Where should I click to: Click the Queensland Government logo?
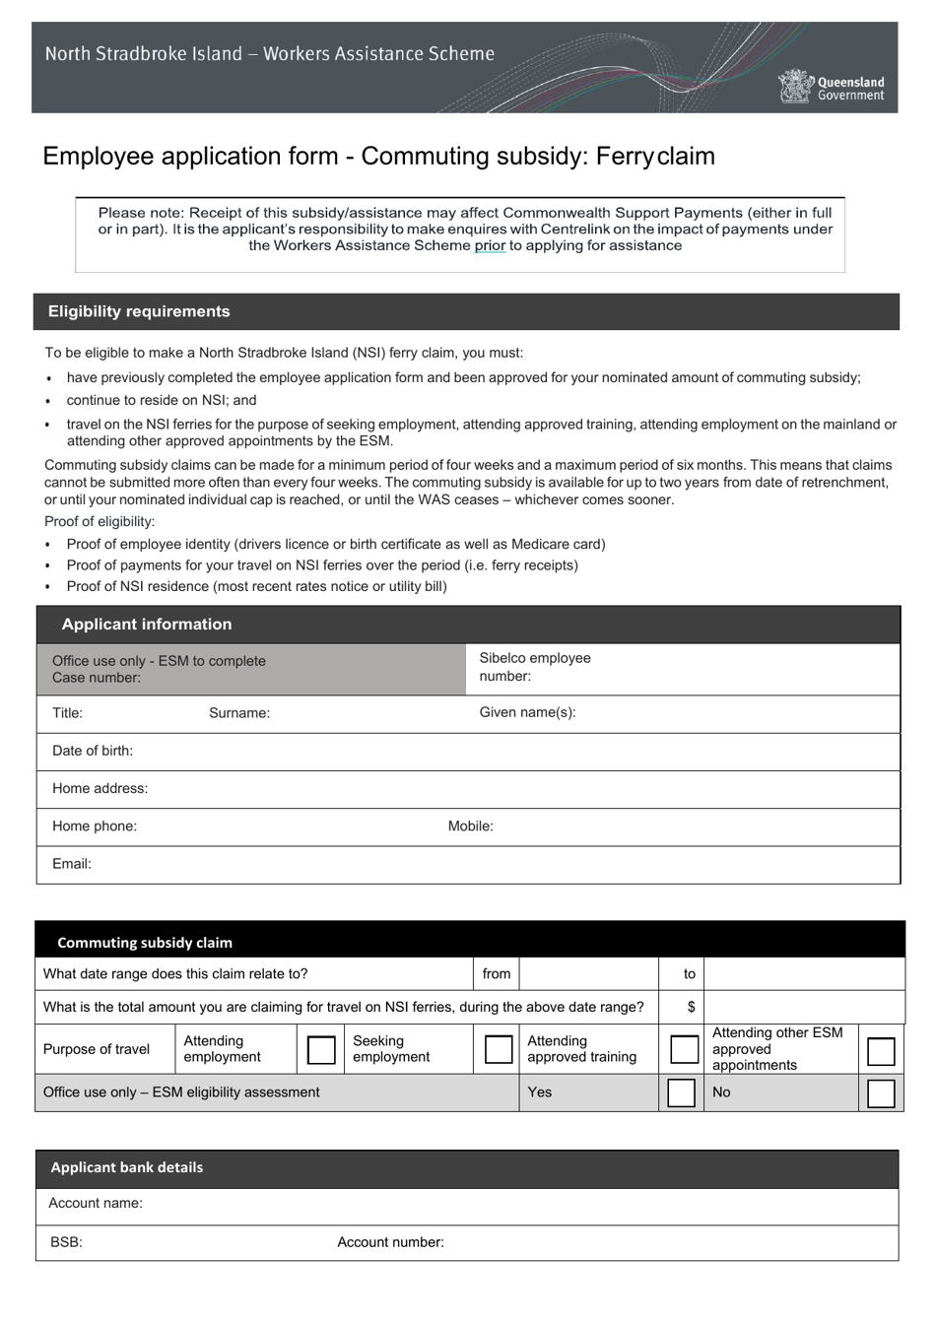point(831,87)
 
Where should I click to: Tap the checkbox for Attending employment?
point(321,1049)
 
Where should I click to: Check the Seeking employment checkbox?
point(499,1049)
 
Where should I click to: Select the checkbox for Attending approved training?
point(684,1049)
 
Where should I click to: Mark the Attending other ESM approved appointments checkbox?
point(880,1051)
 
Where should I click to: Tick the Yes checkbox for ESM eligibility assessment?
point(681,1092)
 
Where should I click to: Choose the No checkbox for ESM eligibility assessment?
point(880,1093)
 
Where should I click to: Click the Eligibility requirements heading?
point(139,311)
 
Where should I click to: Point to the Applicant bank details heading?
point(126,1167)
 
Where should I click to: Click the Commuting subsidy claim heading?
point(145,943)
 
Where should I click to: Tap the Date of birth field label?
point(93,751)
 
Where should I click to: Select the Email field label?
point(72,864)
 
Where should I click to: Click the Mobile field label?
point(470,827)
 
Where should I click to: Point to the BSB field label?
point(66,1242)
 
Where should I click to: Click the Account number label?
point(390,1242)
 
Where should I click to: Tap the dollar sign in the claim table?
point(691,1007)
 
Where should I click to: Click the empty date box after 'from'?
point(588,974)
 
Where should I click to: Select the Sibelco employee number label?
point(534,667)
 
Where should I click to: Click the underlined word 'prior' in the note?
point(490,245)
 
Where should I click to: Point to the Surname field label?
point(238,713)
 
